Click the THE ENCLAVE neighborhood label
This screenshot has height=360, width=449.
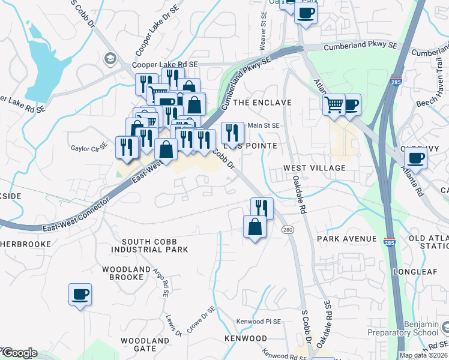coord(262,103)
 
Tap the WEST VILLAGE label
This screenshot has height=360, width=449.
coord(314,168)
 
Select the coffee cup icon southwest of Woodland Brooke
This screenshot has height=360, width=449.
coord(80,295)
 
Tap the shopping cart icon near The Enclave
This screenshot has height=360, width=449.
coord(334,105)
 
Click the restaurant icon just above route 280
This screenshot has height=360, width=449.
coord(261,208)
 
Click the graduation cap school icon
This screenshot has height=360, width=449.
coord(109,58)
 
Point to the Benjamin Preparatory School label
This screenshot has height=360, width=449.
coord(418,328)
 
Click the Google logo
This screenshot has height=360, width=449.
coord(19,353)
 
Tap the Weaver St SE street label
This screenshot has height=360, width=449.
coord(262,37)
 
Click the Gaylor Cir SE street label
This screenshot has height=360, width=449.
coord(88,148)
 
